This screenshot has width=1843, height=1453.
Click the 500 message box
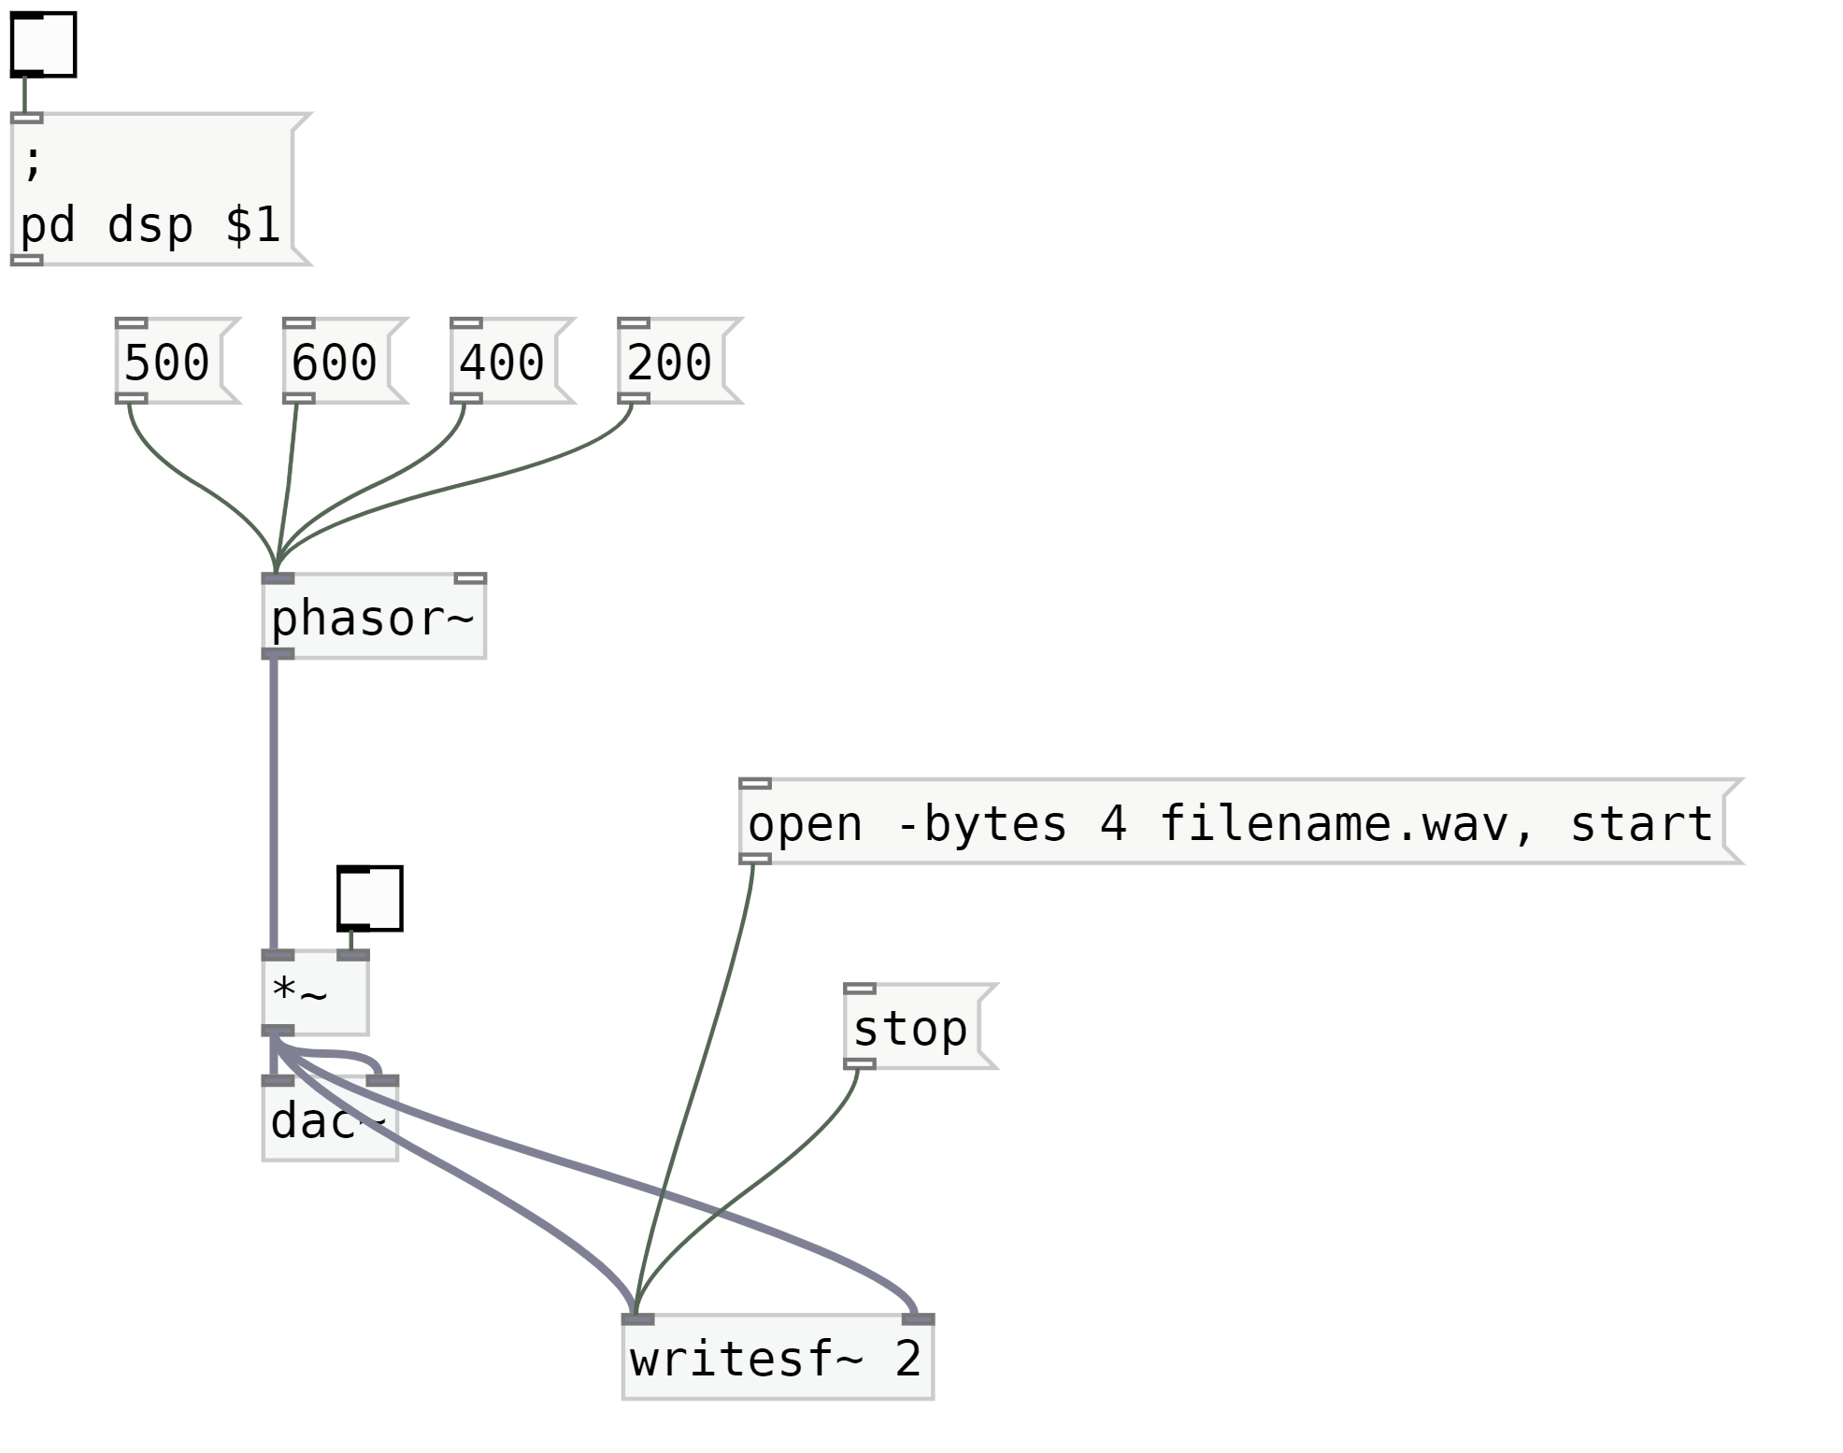tap(168, 362)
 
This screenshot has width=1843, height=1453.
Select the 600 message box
tap(336, 362)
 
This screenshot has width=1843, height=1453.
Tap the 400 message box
tap(503, 362)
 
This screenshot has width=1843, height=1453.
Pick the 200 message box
tap(670, 362)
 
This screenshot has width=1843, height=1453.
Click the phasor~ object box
tap(373, 618)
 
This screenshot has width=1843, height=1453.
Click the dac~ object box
tap(329, 1121)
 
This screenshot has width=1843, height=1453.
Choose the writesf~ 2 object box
tap(777, 1359)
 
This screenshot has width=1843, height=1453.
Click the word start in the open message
tap(1640, 824)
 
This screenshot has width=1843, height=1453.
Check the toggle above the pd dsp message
tap(43, 45)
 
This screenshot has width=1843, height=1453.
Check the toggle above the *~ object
tap(370, 898)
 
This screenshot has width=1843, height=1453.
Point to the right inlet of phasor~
tap(470, 578)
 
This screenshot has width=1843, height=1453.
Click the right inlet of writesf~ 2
tap(918, 1319)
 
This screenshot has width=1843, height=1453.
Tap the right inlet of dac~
tap(382, 1081)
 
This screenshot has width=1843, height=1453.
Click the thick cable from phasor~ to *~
tap(274, 804)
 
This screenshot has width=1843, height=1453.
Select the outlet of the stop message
tap(860, 1064)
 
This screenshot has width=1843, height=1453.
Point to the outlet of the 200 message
tap(634, 398)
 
